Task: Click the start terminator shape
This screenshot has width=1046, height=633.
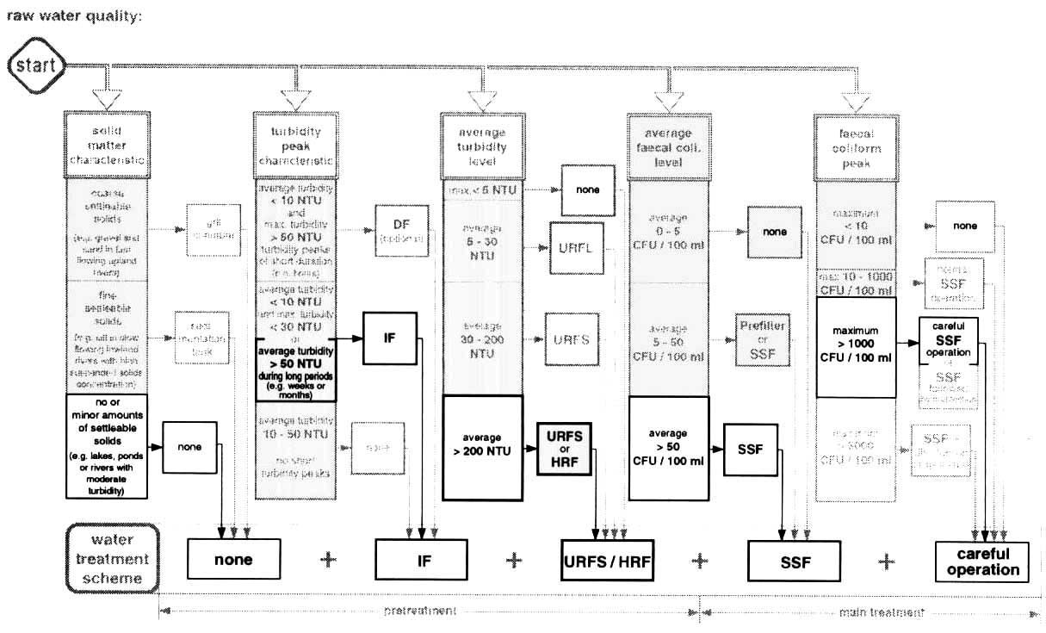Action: pyautogui.click(x=34, y=65)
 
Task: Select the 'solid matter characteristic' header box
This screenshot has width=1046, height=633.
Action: pyautogui.click(x=107, y=143)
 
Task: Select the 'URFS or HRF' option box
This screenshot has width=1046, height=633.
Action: pyautogui.click(x=566, y=448)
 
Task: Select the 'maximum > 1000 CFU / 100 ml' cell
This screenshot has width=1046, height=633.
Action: pyautogui.click(x=856, y=347)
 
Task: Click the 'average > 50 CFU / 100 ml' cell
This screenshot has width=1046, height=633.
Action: pyautogui.click(x=669, y=448)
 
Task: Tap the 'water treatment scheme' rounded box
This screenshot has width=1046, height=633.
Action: pyautogui.click(x=113, y=559)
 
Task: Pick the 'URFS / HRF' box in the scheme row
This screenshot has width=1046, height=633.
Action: pyautogui.click(x=607, y=561)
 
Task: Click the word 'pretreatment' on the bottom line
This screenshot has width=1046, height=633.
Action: pyautogui.click(x=420, y=611)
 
